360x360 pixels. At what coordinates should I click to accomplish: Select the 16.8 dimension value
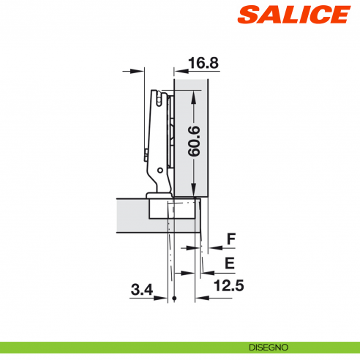pyautogui.click(x=203, y=64)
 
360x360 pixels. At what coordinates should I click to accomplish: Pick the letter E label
pyautogui.click(x=230, y=263)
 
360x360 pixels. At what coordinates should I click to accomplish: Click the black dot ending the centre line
pyautogui.click(x=176, y=300)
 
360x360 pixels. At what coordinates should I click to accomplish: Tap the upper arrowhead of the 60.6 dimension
pyautogui.click(x=193, y=94)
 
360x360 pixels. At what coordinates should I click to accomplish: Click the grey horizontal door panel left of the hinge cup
pyautogui.click(x=132, y=214)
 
